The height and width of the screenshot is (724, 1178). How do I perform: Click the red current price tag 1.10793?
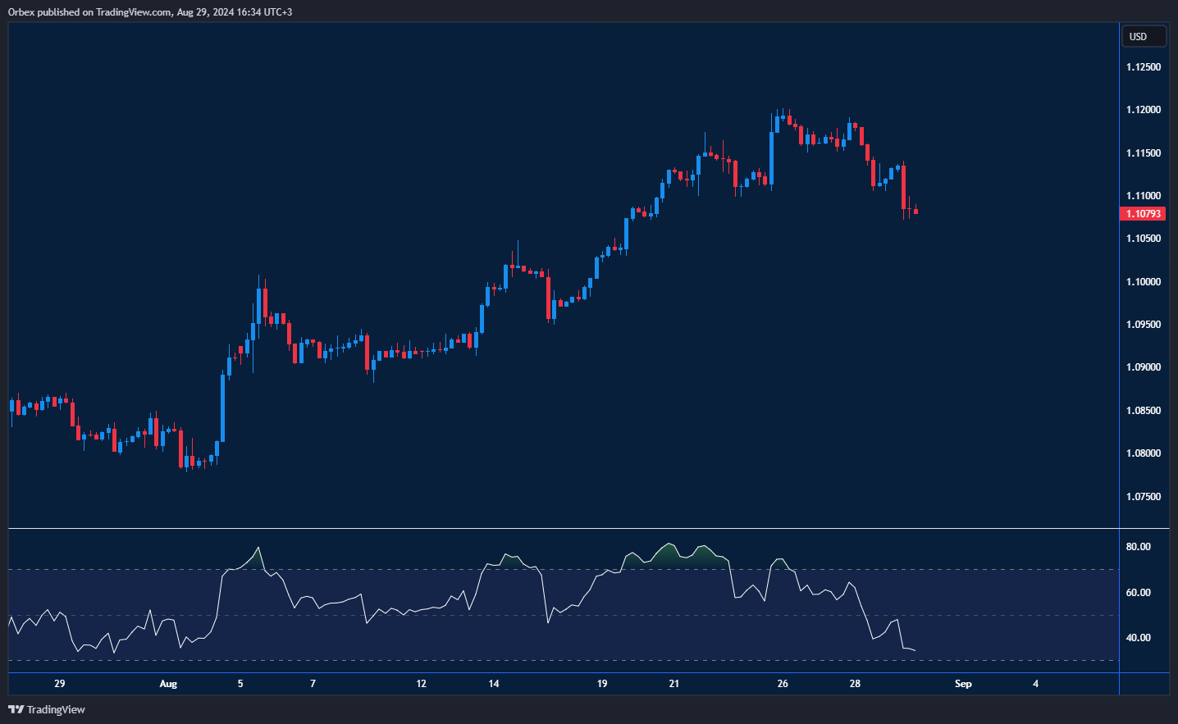point(1142,214)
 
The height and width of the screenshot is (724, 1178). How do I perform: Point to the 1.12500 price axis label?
point(1143,67)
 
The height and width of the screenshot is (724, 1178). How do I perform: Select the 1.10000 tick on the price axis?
point(1143,282)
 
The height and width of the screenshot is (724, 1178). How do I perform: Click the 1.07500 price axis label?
point(1143,497)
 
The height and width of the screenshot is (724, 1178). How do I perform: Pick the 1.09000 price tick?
point(1143,367)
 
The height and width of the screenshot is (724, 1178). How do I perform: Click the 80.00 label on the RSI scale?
point(1138,547)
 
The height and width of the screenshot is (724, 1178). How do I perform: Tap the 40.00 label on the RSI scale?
point(1138,638)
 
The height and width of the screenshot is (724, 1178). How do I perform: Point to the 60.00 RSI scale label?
point(1138,593)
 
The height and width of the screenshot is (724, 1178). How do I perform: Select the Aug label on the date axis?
point(168,684)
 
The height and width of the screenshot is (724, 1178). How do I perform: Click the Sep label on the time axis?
point(963,684)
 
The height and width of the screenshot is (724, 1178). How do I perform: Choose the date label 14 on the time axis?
point(494,684)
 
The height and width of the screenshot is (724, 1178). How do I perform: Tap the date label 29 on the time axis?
point(59,684)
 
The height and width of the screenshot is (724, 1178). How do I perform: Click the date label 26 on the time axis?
point(783,684)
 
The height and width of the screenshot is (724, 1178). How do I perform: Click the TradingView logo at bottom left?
point(47,709)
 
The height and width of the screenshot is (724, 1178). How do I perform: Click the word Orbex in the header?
point(21,12)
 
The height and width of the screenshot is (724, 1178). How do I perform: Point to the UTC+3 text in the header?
point(276,12)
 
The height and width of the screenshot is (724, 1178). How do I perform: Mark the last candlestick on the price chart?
point(915,212)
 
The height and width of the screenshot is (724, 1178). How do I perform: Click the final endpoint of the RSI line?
point(915,651)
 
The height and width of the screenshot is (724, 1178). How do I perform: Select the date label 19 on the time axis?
point(602,684)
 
